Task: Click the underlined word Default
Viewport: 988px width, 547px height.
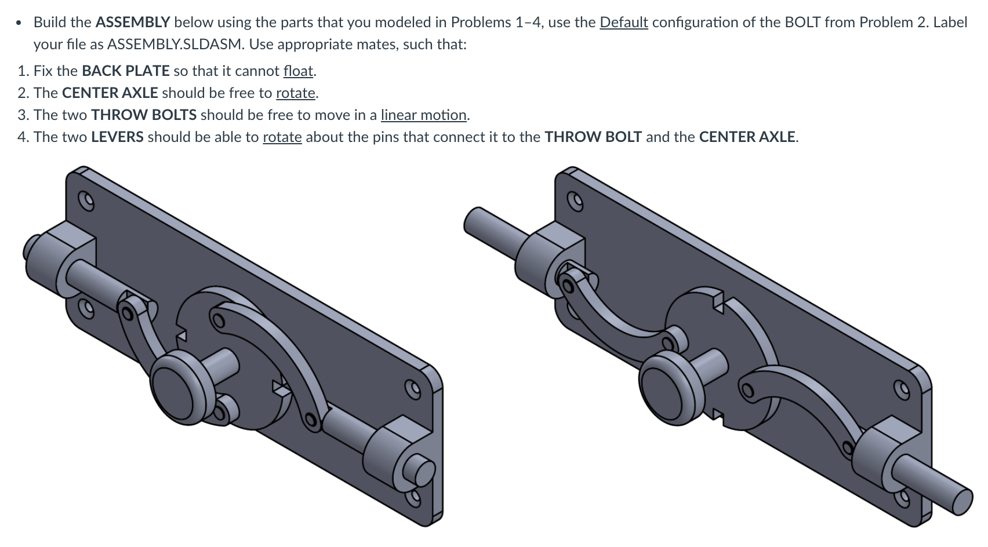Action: pyautogui.click(x=623, y=23)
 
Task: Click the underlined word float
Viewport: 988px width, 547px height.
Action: pyautogui.click(x=298, y=71)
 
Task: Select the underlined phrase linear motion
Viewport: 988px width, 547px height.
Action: pyautogui.click(x=423, y=115)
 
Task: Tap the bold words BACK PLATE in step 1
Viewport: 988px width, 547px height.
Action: pyautogui.click(x=126, y=71)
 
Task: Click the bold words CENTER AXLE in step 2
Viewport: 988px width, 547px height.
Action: pyautogui.click(x=110, y=93)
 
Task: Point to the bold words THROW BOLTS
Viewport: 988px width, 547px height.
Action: pyautogui.click(x=143, y=115)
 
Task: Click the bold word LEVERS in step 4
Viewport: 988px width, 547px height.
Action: pyautogui.click(x=117, y=137)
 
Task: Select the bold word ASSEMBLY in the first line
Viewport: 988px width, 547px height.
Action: pyautogui.click(x=132, y=23)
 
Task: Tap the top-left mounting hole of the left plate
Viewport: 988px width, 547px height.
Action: pyautogui.click(x=87, y=200)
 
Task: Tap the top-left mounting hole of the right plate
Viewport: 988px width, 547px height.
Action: pyautogui.click(x=575, y=200)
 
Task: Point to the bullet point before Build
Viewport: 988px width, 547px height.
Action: pyautogui.click(x=20, y=23)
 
